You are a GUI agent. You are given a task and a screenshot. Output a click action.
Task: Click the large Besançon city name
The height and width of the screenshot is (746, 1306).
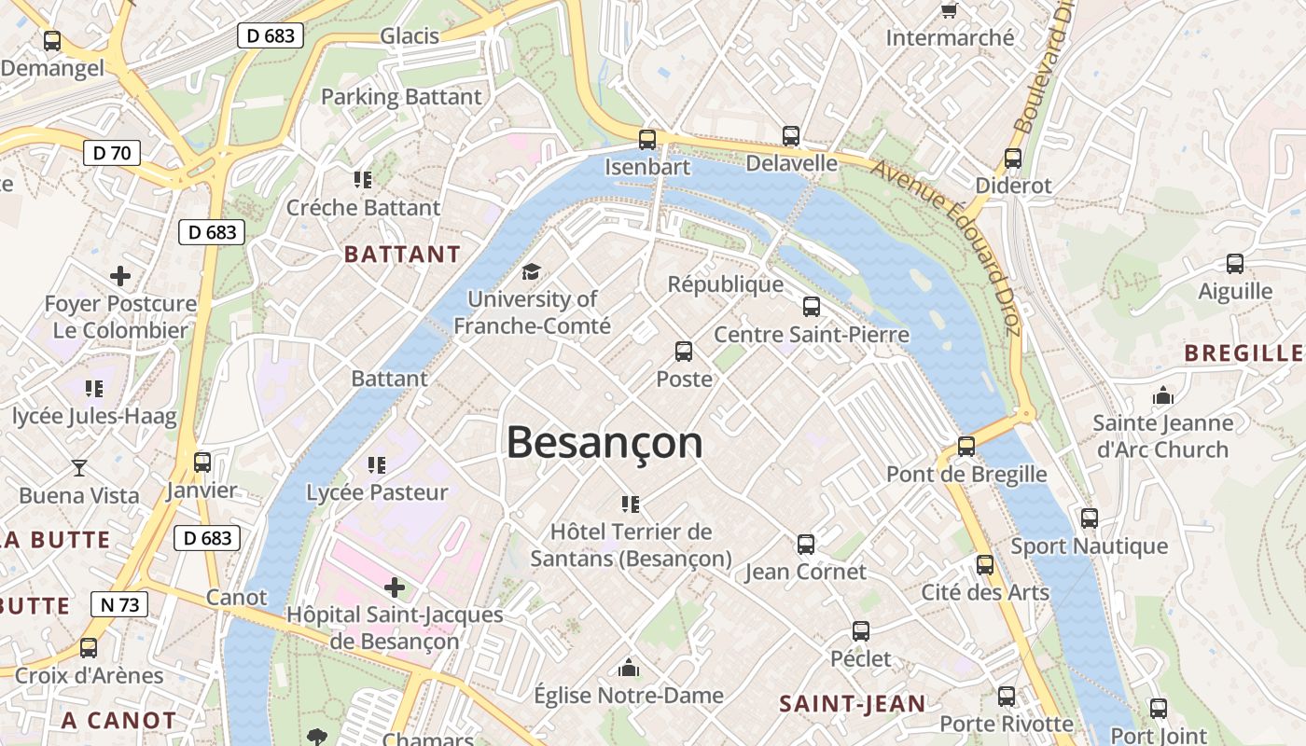click(x=604, y=442)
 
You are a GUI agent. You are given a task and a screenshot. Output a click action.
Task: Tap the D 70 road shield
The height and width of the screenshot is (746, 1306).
click(x=112, y=153)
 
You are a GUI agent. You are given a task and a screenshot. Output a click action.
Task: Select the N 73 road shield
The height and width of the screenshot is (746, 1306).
click(x=119, y=604)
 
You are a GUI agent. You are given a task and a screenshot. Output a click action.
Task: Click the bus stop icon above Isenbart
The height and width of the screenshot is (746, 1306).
click(x=646, y=140)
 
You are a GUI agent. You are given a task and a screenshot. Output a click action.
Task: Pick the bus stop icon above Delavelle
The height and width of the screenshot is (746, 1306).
click(x=791, y=136)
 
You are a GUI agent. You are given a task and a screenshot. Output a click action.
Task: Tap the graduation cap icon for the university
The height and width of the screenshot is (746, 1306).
click(x=531, y=271)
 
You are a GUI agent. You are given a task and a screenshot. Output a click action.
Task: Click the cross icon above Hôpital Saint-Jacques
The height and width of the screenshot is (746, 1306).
click(x=395, y=587)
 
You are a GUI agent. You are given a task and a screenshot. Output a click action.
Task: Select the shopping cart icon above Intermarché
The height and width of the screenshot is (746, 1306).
click(x=950, y=10)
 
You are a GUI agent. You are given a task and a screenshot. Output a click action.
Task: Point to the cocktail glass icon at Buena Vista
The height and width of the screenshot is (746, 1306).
click(x=79, y=467)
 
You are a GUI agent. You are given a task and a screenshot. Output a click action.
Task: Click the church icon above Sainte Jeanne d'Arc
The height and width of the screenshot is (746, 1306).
click(x=1162, y=395)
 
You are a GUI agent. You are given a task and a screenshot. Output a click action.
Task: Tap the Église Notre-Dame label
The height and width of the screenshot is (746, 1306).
click(x=628, y=695)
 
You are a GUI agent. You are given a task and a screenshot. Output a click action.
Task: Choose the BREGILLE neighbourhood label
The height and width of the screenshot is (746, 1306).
click(x=1243, y=352)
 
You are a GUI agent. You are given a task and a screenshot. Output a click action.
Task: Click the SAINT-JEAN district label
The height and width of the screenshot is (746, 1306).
click(x=852, y=704)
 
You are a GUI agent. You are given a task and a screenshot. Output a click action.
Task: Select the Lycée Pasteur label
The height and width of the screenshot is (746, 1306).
click(x=377, y=492)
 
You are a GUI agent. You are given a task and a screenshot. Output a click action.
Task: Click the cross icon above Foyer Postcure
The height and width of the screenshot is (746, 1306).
click(x=119, y=276)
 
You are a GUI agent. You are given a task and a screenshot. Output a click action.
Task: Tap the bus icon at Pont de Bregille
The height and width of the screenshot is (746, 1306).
click(x=966, y=446)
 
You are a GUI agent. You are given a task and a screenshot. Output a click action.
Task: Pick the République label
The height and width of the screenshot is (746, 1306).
click(x=725, y=284)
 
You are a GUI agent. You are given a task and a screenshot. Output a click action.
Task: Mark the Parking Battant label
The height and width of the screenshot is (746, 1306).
click(x=401, y=97)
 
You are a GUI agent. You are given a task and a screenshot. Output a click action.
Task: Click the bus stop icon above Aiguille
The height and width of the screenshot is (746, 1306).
click(x=1235, y=264)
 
